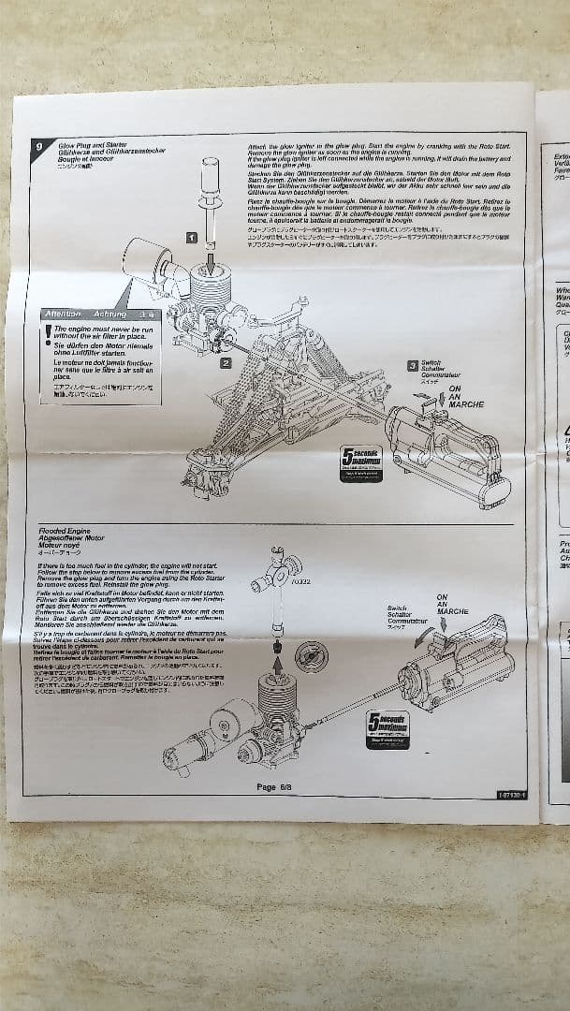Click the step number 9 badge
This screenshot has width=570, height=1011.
pyautogui.click(x=37, y=146)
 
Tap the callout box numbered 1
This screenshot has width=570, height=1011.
pyautogui.click(x=191, y=239)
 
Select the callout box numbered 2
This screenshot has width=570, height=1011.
pyautogui.click(x=226, y=361)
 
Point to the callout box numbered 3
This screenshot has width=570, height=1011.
pyautogui.click(x=412, y=366)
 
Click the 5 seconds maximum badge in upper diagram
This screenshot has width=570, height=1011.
pyautogui.click(x=360, y=462)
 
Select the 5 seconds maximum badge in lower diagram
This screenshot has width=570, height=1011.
pyautogui.click(x=387, y=727)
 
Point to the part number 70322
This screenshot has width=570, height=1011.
pyautogui.click(x=300, y=582)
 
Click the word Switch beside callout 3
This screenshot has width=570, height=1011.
pyautogui.click(x=431, y=362)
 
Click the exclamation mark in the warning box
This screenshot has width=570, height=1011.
pyautogui.click(x=48, y=332)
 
